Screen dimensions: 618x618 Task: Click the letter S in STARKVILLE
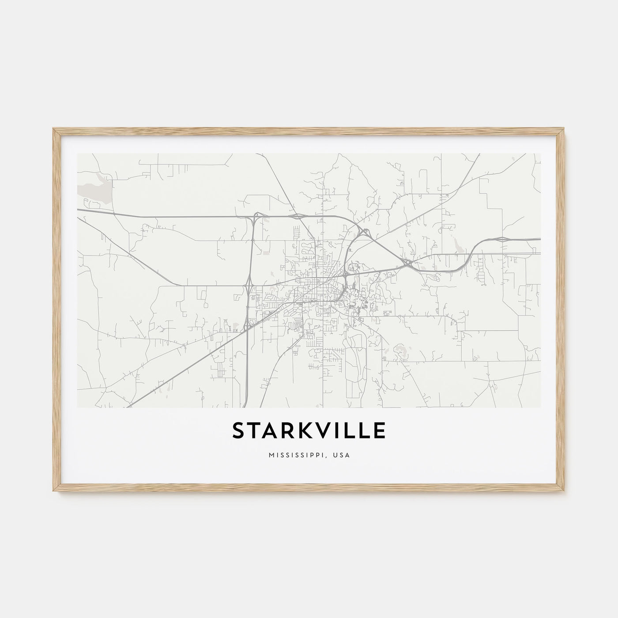coord(239,431)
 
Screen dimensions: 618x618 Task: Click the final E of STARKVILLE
coord(379,431)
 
